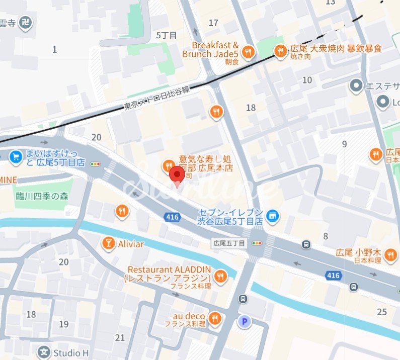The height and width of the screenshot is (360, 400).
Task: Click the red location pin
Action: click(176, 176)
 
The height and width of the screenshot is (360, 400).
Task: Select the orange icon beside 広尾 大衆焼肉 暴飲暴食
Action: click(280, 50)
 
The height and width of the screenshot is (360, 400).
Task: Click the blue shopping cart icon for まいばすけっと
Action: click(15, 157)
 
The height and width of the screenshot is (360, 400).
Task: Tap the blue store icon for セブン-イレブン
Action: click(272, 216)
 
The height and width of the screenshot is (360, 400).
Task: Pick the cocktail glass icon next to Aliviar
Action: click(108, 244)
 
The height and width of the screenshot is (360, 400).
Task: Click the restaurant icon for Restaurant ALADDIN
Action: click(220, 275)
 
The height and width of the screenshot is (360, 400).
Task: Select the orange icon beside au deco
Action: click(215, 318)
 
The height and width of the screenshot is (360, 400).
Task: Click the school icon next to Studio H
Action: click(45, 352)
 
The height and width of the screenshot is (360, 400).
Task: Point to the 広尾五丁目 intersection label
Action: click(229, 243)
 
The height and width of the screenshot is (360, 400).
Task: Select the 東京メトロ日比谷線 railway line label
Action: click(156, 99)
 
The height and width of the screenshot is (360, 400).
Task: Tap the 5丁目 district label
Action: click(167, 35)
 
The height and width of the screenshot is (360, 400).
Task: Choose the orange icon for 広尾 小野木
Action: click(390, 256)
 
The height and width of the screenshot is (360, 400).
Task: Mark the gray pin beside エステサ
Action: click(357, 86)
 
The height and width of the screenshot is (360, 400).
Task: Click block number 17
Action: click(213, 23)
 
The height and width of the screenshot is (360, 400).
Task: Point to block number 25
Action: click(381, 311)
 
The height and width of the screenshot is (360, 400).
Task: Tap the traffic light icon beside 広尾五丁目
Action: click(257, 243)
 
